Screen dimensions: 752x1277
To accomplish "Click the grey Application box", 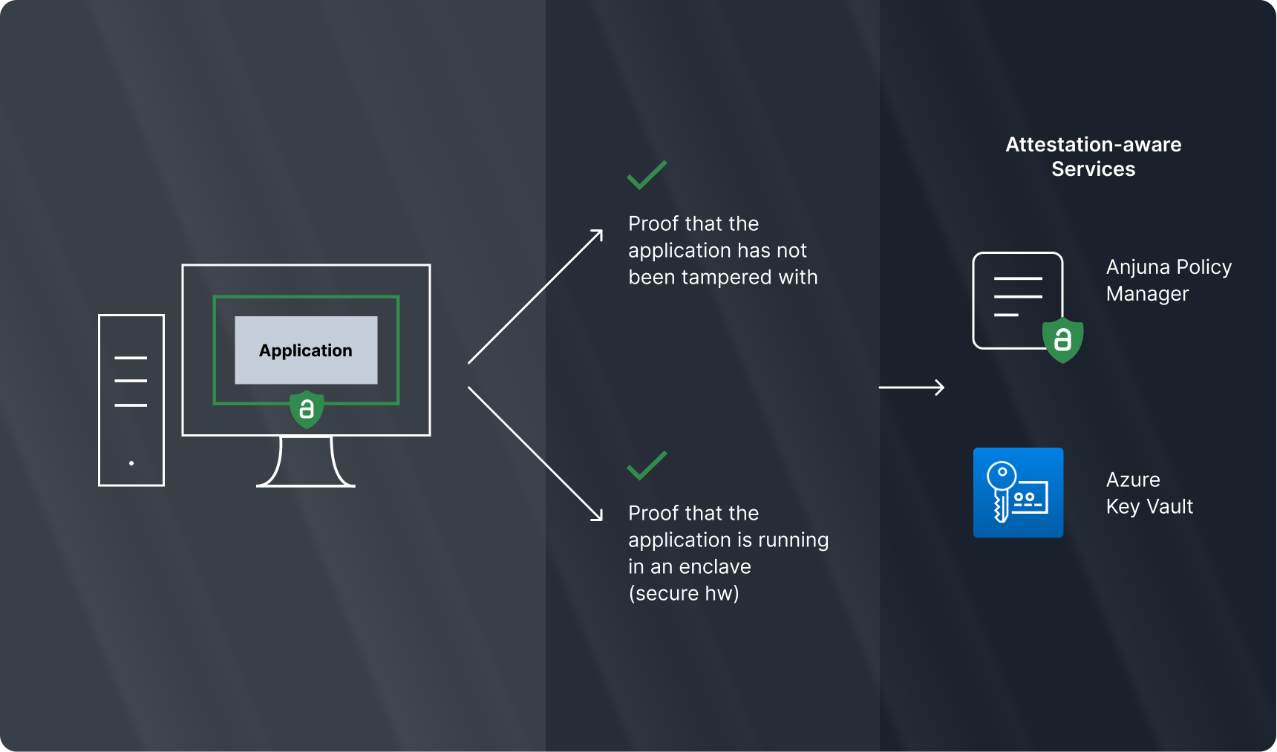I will [306, 350].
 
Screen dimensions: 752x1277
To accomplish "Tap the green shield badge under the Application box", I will [307, 409].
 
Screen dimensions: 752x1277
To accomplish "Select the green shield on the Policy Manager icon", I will [1062, 340].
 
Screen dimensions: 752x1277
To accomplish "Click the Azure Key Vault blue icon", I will [1018, 492].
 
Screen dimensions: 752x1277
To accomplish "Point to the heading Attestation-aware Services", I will [1093, 157].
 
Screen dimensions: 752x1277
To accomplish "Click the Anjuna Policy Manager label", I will [1168, 280].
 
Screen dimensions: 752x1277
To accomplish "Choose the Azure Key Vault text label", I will [1149, 493].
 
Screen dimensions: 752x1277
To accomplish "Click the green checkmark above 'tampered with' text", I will [647, 175].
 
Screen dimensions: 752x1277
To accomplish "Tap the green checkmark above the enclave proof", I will [647, 465].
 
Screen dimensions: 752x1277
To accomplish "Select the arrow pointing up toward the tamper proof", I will [535, 297].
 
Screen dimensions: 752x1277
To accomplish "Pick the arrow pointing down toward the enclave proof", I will [535, 453].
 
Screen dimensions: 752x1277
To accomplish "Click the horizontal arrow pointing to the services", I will [911, 387].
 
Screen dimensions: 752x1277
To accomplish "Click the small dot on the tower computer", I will [131, 463].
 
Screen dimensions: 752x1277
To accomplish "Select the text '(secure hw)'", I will [683, 594].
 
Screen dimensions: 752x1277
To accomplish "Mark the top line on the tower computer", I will [131, 358].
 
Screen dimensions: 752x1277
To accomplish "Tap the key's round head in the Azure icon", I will [1002, 472].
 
